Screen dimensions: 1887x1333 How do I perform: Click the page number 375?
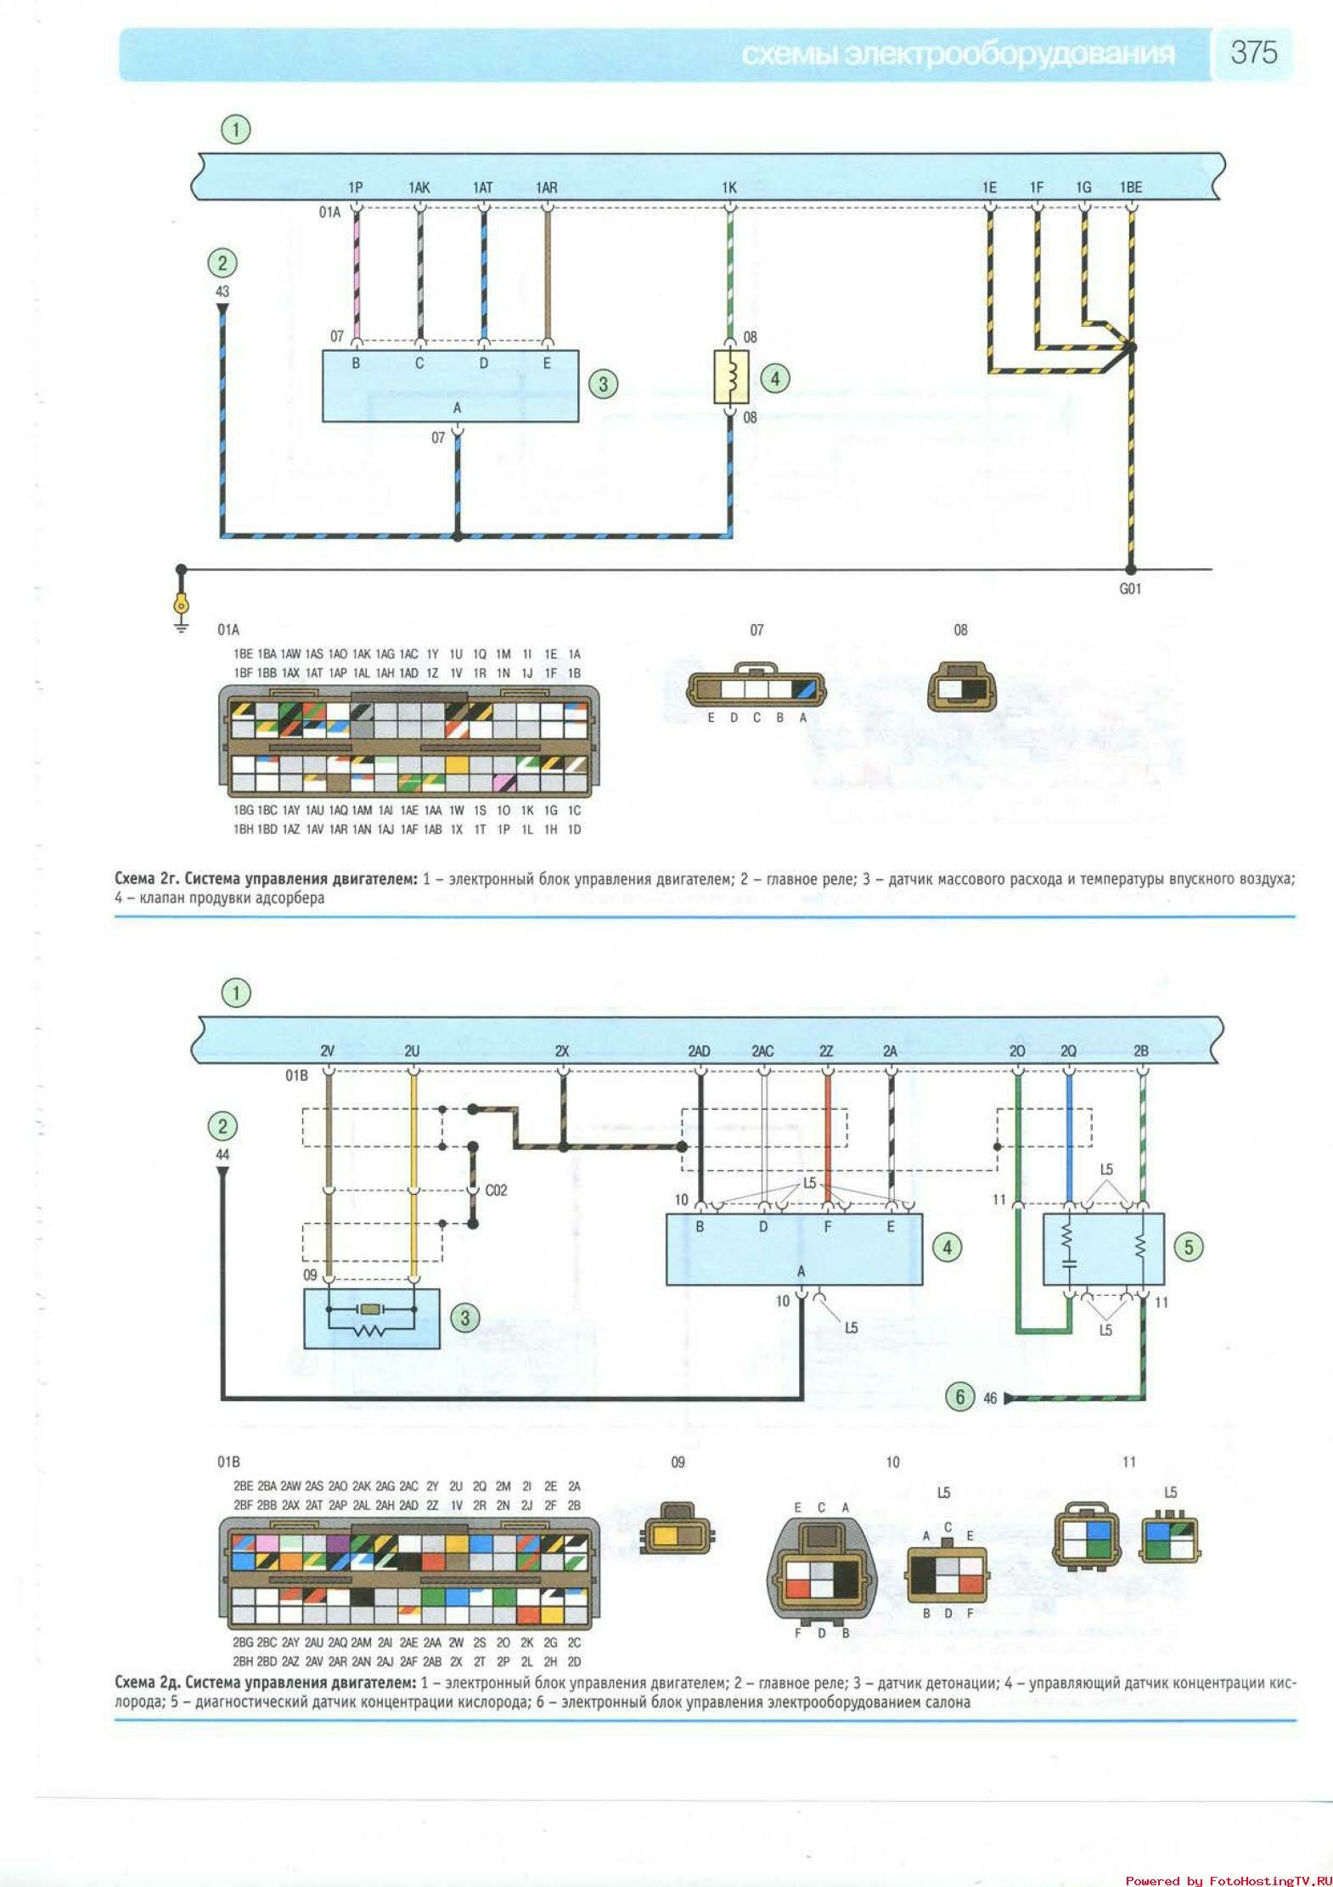point(1253,53)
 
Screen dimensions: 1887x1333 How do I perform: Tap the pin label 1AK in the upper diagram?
point(419,188)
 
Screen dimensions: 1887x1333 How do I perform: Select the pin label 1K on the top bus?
point(729,188)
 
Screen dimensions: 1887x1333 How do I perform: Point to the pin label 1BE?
point(1131,188)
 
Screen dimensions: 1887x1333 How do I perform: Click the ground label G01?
point(1130,589)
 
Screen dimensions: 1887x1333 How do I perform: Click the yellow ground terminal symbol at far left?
point(181,606)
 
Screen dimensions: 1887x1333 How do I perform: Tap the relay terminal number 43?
point(222,292)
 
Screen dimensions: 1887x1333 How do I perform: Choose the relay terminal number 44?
point(222,1155)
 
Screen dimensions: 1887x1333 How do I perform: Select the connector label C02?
point(496,1191)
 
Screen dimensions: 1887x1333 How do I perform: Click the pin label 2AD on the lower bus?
point(699,1051)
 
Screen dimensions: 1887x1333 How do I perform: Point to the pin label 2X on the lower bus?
point(562,1051)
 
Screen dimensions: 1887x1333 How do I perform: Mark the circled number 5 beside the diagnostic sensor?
point(1189,1247)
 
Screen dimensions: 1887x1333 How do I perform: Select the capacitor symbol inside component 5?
point(1068,1261)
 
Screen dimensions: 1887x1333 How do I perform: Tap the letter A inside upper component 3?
point(457,408)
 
